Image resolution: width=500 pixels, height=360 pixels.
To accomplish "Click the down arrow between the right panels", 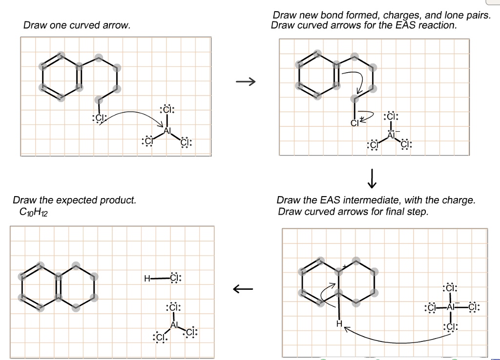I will point(372,179).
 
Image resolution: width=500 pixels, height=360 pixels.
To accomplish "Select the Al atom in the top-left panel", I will point(167,131).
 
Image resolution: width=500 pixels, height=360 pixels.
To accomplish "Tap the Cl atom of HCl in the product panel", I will point(175,279).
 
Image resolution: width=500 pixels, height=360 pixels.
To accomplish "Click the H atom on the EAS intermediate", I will point(337,323).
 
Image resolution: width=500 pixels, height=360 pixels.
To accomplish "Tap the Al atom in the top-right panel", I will point(391,135).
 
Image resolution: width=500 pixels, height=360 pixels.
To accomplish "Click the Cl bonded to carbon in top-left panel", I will point(98,118).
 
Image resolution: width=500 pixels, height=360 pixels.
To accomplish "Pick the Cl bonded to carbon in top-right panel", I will point(354,122).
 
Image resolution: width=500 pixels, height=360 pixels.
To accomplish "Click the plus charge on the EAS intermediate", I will point(344,266).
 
